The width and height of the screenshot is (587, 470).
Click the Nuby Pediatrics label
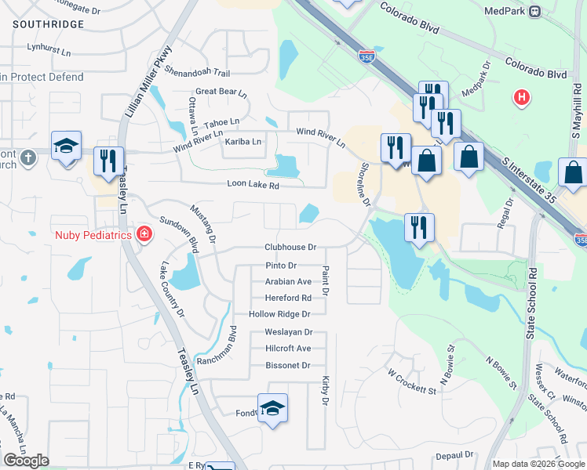[93, 234]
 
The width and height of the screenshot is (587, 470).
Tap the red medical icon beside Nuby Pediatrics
[144, 234]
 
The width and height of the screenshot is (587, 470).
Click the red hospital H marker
[520, 99]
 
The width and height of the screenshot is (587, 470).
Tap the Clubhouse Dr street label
[290, 247]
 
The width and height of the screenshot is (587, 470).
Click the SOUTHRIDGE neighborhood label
[48, 25]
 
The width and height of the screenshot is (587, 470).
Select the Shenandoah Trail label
[197, 71]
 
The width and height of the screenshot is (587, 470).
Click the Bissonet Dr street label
[288, 366]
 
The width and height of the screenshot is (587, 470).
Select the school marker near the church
[67, 146]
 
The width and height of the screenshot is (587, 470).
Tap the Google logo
[27, 461]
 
